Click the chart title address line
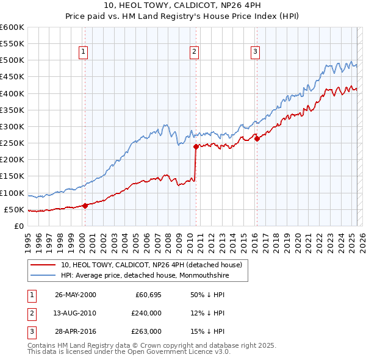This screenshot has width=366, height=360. point(182,7)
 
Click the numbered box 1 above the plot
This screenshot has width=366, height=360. point(83,52)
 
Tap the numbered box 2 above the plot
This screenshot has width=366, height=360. point(194,52)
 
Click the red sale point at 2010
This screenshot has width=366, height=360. point(196,146)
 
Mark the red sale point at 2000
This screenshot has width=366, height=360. point(85,206)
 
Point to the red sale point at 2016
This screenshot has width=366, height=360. point(257,139)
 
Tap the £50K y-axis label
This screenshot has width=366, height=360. point(14,209)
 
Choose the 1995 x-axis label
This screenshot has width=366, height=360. point(28,239)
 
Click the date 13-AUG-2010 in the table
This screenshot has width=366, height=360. point(76,313)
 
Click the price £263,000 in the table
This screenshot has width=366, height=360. point(147,331)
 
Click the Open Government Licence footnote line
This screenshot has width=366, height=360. point(129,352)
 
